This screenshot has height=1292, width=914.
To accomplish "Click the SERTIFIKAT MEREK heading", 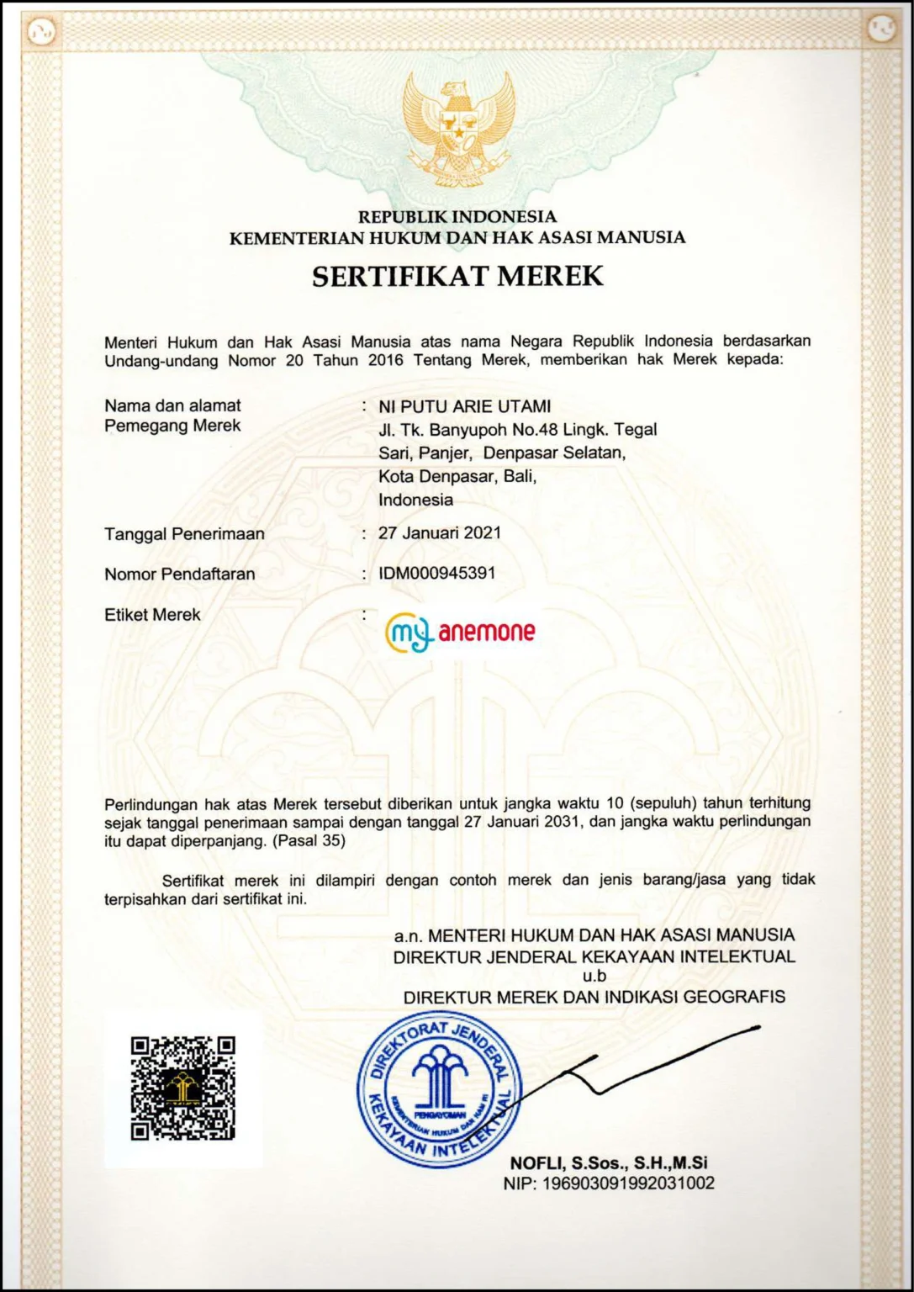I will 457,277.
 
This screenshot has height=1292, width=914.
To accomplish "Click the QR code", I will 182,1088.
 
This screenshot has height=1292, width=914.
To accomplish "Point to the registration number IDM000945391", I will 436,574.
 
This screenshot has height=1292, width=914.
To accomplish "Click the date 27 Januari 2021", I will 439,533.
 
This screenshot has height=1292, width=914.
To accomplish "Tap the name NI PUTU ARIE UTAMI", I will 464,407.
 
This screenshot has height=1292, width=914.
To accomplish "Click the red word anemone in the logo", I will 486,632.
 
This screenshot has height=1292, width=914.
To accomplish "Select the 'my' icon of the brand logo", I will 409,632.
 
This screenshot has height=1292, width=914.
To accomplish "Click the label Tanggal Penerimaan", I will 184,534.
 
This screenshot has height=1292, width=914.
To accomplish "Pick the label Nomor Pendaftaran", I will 179,575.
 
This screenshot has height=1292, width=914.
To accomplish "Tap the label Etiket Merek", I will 152,615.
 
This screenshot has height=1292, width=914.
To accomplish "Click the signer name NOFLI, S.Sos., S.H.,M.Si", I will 608,1163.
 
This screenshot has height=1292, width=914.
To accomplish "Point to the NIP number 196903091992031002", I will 628,1183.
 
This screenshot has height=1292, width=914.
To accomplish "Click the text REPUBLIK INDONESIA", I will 457,217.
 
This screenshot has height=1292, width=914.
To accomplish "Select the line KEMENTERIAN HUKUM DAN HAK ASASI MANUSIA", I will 457,238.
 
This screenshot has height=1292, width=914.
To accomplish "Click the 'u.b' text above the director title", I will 594,977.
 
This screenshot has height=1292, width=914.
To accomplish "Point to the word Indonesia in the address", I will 415,500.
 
